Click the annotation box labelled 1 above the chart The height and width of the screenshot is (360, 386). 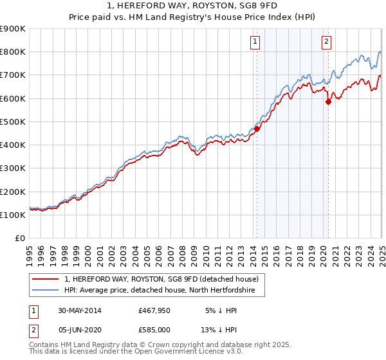click(255, 42)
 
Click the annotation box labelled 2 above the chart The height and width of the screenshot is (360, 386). click(327, 42)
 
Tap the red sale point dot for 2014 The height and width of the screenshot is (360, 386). click(257, 129)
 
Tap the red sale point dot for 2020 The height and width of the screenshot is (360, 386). click(328, 102)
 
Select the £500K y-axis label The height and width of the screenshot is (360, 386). click(13, 122)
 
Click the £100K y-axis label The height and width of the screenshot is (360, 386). click(13, 215)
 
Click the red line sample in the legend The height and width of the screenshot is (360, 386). click(45, 279)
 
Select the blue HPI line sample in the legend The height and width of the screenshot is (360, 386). click(45, 291)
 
